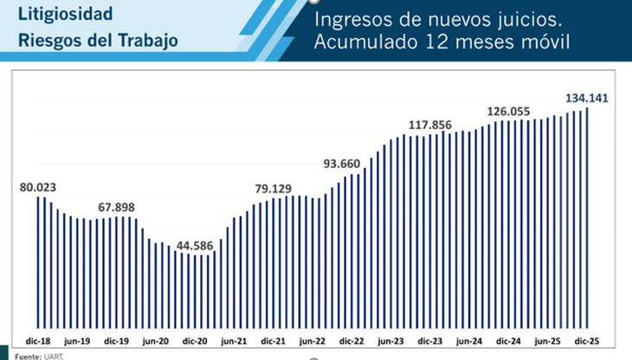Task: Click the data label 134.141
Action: point(587,98)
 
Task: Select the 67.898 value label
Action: point(117,207)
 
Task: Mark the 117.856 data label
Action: point(430,125)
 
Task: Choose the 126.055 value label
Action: point(508,111)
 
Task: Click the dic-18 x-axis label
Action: point(37,342)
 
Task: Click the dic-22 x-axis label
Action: point(352,342)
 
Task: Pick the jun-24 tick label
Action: point(469,342)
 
